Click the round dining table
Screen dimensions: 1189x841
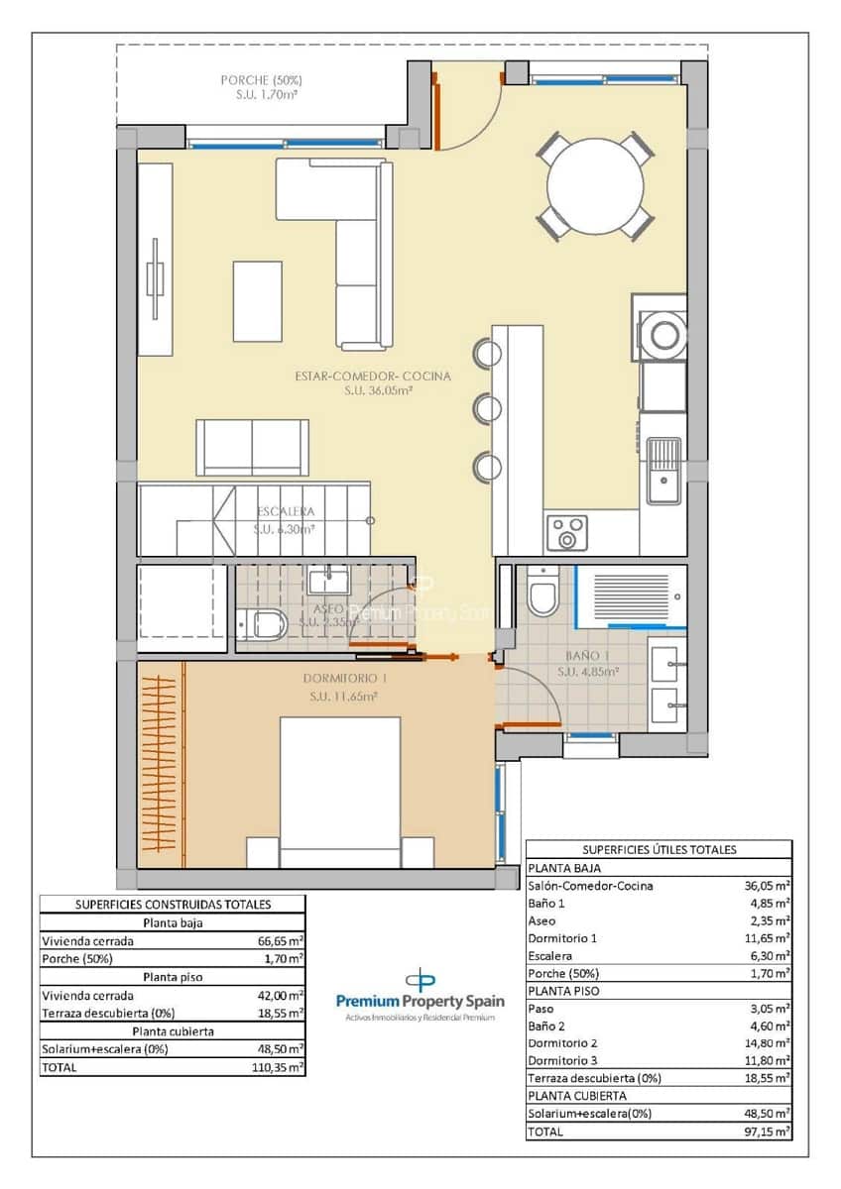pyautogui.click(x=595, y=185)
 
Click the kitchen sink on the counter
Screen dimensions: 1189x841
pyautogui.click(x=663, y=471)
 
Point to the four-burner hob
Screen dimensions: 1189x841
pyautogui.click(x=565, y=533)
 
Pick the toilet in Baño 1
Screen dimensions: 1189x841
pyautogui.click(x=541, y=594)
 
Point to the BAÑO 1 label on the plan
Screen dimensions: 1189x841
pyautogui.click(x=587, y=656)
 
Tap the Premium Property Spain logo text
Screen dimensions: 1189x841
pyautogui.click(x=420, y=1002)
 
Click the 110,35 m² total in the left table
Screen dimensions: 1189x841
pyautogui.click(x=280, y=1067)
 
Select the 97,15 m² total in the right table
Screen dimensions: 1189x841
pyautogui.click(x=768, y=1131)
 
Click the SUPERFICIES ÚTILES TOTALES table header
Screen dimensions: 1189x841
pyautogui.click(x=659, y=849)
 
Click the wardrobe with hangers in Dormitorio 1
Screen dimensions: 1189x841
pyautogui.click(x=161, y=763)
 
